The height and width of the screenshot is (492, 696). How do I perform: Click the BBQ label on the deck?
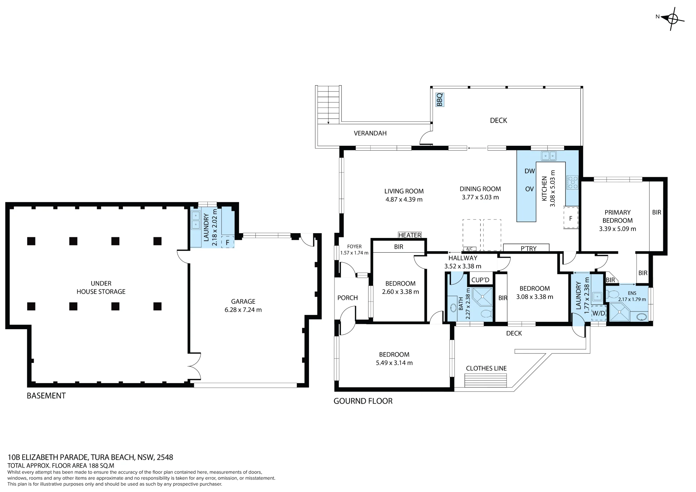440,99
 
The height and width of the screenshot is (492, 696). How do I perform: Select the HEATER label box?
410,235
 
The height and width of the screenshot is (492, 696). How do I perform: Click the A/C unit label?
469,249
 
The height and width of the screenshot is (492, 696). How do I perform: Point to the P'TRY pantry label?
529,248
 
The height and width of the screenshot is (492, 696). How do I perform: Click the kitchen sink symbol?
549,156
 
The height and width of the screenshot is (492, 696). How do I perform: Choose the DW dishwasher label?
530,171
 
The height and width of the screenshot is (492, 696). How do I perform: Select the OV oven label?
529,189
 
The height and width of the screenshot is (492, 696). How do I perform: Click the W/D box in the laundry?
599,313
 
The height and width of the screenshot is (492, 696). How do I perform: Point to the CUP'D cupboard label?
480,280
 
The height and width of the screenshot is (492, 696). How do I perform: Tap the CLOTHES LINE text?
486,368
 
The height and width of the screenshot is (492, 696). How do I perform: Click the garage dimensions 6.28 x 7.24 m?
243,310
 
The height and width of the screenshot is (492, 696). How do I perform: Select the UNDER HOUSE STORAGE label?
101,287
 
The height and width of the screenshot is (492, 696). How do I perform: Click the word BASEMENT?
46,396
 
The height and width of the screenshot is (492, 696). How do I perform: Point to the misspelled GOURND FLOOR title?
363,401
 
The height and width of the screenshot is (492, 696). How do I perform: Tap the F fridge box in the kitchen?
571,218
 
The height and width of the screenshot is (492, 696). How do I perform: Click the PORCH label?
348,298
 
